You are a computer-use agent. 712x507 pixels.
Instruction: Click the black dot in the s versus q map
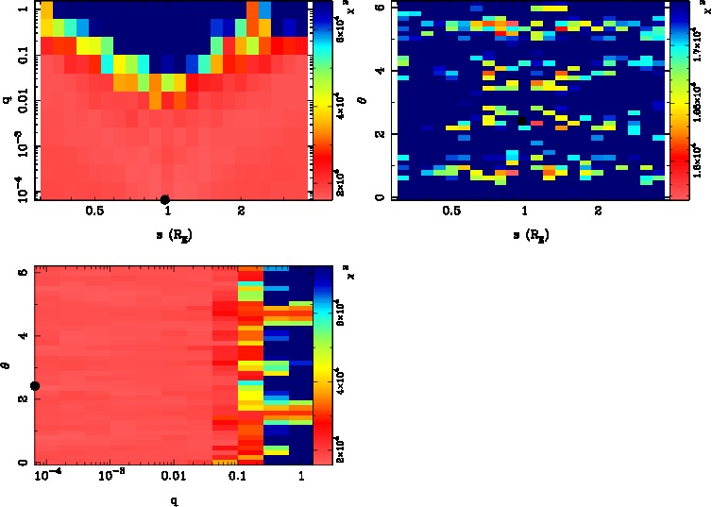[164, 199]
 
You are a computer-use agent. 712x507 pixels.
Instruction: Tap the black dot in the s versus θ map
[525, 120]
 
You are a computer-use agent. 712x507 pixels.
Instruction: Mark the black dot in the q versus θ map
[35, 385]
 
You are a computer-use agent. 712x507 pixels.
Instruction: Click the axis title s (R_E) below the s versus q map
[168, 232]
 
